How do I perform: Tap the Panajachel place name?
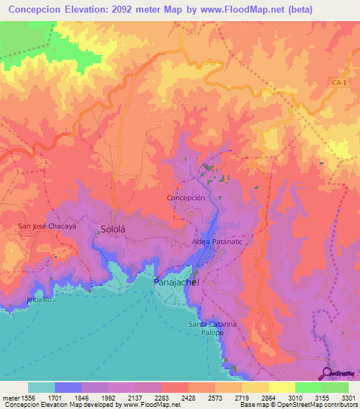click(176, 282)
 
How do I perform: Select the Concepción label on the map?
click(186, 198)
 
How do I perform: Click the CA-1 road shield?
click(339, 84)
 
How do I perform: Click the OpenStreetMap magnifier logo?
click(329, 373)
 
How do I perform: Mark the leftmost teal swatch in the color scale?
click(41, 387)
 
